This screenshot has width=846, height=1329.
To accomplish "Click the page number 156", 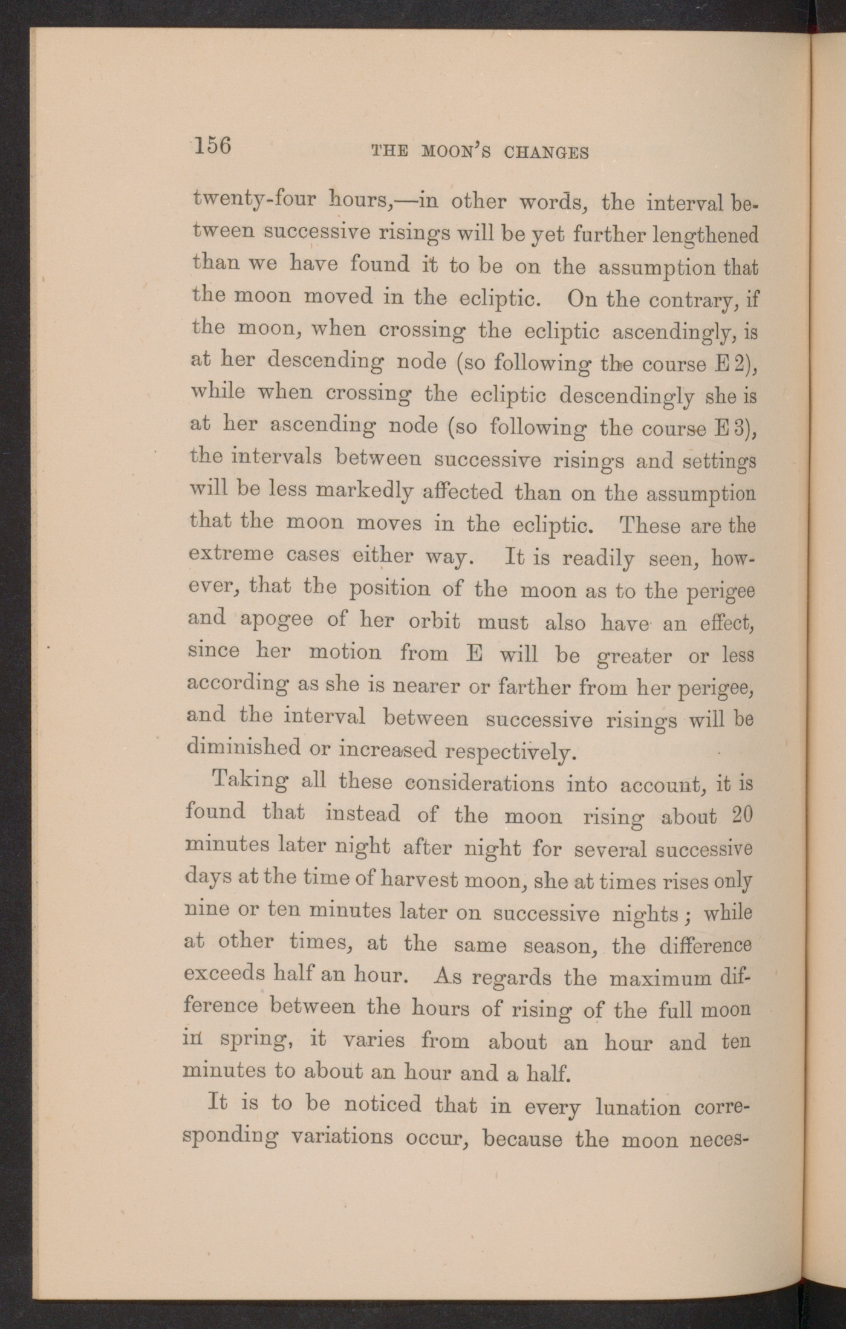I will pos(213,146).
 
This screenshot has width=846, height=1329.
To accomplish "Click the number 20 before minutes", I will pos(742,815).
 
